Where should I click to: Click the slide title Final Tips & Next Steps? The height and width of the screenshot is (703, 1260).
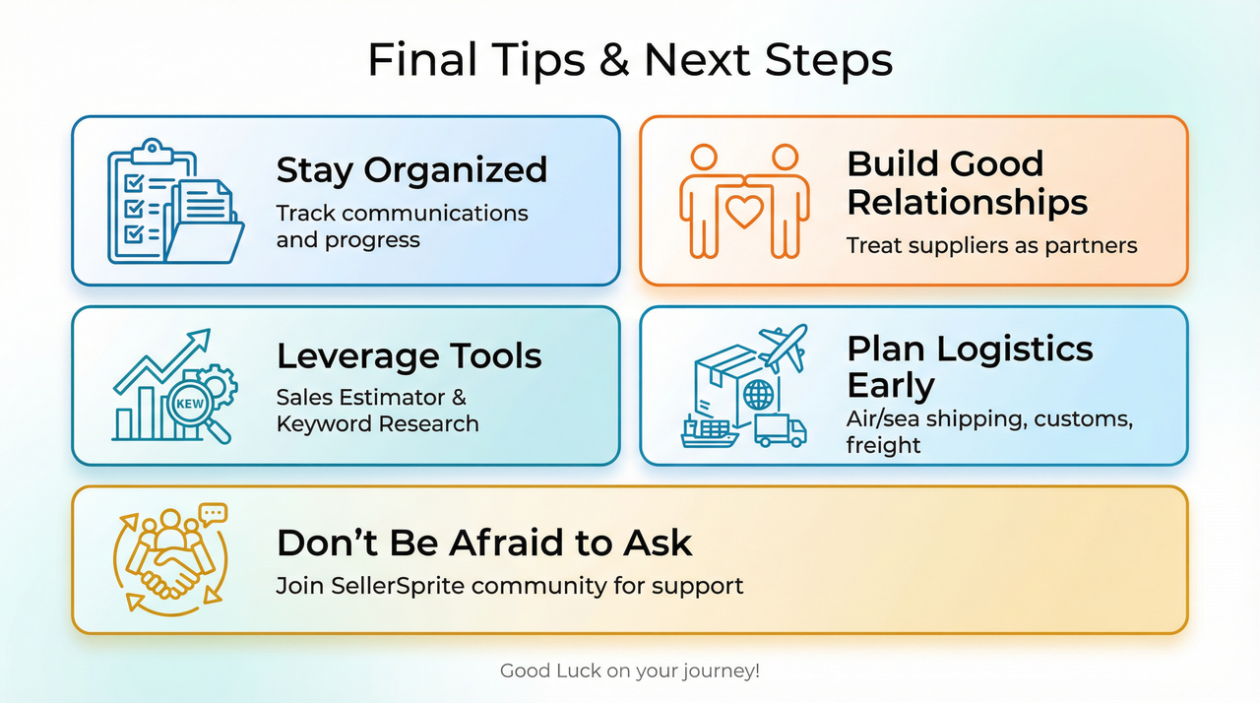630,59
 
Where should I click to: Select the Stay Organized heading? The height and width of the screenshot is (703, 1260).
411,169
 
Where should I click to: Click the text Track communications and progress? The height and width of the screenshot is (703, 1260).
402,226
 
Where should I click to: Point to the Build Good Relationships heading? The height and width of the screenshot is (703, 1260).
967,183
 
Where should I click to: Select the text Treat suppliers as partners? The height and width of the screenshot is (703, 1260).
991,245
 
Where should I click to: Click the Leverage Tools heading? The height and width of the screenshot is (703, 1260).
409,355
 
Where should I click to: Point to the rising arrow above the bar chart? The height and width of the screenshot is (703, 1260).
167,359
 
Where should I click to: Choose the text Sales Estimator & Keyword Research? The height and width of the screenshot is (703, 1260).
377,411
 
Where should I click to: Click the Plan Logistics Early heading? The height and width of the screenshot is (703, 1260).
969,366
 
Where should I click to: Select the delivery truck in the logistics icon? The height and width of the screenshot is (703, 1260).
781,431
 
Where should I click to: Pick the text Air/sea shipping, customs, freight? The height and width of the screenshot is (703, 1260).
989,432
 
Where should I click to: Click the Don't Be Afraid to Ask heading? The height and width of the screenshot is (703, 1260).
484,543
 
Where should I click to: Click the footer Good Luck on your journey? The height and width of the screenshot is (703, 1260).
630,671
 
